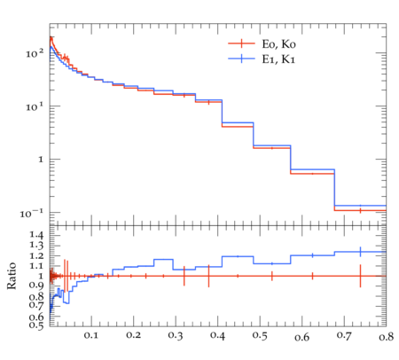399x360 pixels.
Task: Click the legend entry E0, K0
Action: pos(278,43)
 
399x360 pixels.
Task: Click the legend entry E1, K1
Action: pos(278,59)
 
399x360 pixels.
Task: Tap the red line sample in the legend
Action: pos(241,43)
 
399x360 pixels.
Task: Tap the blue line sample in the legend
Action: pos(241,59)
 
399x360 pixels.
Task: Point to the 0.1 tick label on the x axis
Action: pos(91,335)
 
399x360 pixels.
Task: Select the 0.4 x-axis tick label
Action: pos(217,336)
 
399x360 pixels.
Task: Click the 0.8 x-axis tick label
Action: pos(386,336)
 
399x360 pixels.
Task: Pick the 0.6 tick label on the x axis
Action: pos(302,336)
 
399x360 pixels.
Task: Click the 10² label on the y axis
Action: pos(35,53)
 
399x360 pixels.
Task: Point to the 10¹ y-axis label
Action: pos(35,106)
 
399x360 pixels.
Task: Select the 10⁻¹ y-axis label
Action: pos(31,213)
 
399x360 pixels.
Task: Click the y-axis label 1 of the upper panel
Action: pos(41,160)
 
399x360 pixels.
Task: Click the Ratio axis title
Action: pos(12,276)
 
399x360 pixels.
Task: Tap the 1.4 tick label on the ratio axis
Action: pos(36,235)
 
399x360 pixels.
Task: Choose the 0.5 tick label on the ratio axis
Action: pos(36,325)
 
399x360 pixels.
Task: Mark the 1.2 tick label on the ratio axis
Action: pos(36,255)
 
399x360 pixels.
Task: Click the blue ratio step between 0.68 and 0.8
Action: pos(360,252)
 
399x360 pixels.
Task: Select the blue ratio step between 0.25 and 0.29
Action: pos(163,259)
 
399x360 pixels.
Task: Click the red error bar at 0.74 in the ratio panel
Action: pos(360,276)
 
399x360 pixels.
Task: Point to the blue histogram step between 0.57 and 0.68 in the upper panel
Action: pos(312,169)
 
